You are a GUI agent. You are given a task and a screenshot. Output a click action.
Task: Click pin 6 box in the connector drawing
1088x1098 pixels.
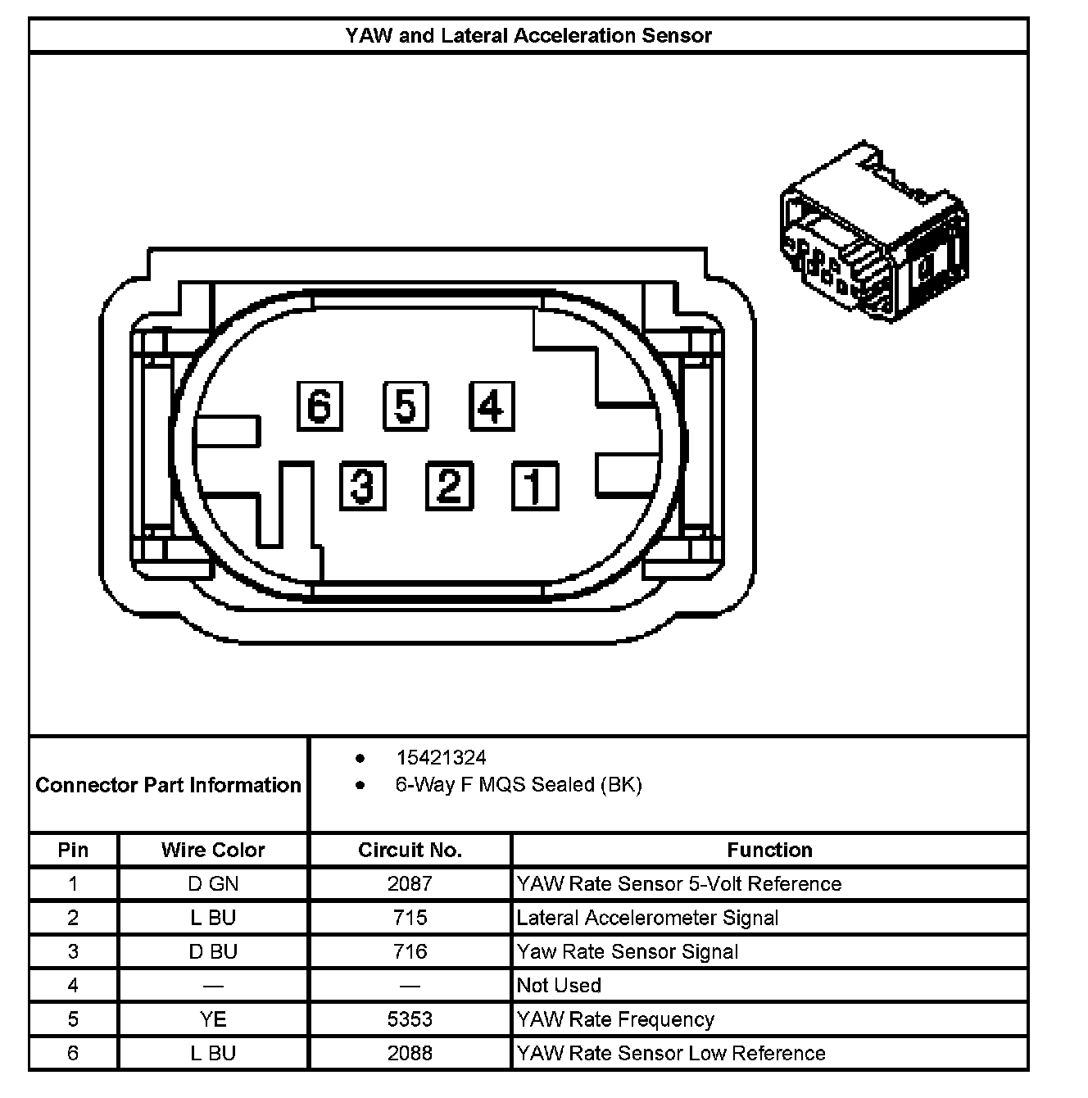pos(320,406)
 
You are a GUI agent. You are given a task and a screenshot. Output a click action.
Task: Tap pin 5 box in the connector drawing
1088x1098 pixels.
pos(406,406)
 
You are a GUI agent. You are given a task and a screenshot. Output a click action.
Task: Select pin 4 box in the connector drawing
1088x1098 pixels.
pos(492,406)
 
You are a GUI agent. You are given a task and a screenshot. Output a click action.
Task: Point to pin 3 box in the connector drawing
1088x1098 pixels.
pos(363,485)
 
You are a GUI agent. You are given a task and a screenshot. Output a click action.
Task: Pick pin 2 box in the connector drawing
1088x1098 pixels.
pos(449,485)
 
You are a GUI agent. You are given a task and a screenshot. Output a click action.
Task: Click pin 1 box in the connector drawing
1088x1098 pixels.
pos(535,485)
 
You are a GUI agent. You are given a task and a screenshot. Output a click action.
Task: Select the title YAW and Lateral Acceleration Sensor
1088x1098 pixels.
pos(528,36)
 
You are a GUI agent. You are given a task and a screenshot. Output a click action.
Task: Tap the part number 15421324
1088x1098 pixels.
pos(441,758)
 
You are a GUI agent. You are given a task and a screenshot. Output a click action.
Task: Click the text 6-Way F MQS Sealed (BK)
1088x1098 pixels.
pos(519,785)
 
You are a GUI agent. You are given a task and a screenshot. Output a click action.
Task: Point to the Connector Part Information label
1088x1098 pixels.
pos(168,785)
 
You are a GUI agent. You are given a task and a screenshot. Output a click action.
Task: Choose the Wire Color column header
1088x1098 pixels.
pos(213,850)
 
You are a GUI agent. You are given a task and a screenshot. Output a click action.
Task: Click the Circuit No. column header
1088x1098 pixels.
pos(410,850)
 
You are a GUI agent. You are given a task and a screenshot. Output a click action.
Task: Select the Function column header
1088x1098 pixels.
pos(769,850)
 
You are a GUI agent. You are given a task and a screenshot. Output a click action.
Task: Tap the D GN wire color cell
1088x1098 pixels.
pos(213,884)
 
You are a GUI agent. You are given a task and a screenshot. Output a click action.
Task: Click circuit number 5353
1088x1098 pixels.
pos(410,1019)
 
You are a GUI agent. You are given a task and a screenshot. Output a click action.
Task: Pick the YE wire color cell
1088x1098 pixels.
pos(213,1019)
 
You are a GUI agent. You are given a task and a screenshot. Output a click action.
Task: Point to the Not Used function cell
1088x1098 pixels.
pos(559,986)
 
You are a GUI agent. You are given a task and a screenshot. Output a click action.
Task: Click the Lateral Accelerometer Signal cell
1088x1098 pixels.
pos(647,918)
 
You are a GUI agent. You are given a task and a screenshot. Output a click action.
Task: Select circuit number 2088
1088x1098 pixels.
pos(410,1053)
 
